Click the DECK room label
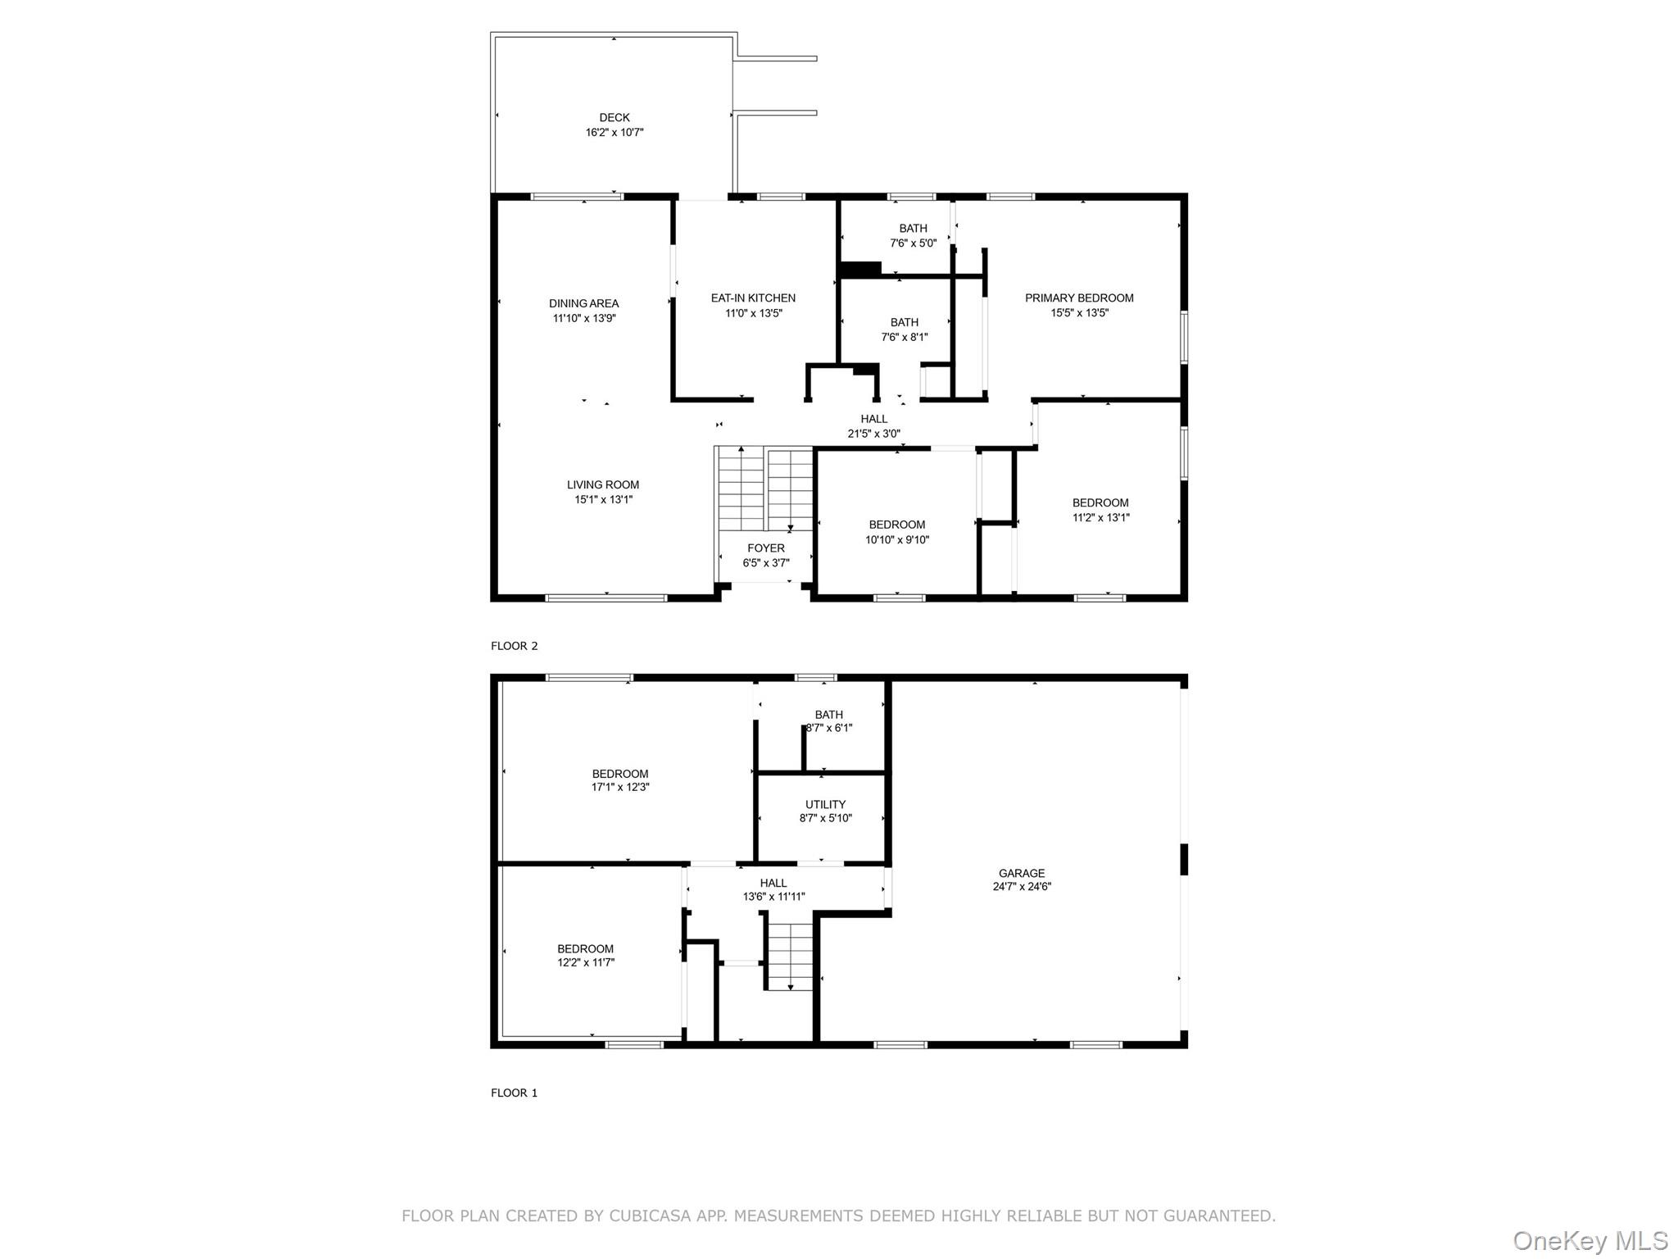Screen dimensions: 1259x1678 pos(614,117)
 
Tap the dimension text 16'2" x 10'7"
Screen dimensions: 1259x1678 pos(614,133)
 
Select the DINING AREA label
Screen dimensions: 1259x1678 pos(583,303)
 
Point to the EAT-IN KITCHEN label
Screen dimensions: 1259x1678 pos(752,298)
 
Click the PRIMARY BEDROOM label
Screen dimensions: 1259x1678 pos(1078,298)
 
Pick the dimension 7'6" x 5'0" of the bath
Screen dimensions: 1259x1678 pos(913,243)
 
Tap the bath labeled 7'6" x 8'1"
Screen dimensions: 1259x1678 pos(905,330)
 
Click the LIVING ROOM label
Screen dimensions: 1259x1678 pos(602,484)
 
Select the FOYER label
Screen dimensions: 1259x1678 pos(765,548)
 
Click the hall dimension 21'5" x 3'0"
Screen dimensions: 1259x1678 pos(873,434)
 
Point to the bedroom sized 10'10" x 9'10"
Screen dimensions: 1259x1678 pos(896,532)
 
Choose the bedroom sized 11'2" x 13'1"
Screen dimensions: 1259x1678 pos(1100,510)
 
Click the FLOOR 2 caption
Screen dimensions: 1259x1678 pos(514,646)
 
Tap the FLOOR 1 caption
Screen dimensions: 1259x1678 pos(514,1093)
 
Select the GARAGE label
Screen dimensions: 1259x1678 pos(1021,873)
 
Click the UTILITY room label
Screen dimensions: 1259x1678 pos(824,804)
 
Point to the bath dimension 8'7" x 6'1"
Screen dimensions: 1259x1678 pos(828,728)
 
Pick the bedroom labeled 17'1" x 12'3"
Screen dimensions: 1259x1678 pos(619,780)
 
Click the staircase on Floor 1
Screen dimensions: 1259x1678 pos(790,955)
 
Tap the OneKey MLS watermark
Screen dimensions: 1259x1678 pos(1590,1240)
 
